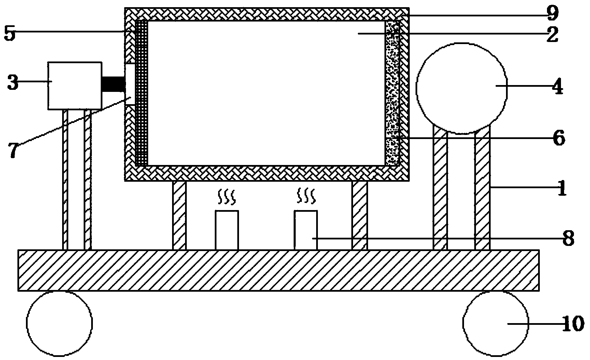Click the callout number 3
click(x=13, y=83)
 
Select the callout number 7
click(x=13, y=151)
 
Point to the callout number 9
click(x=552, y=14)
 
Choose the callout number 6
click(x=559, y=138)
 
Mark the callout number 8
click(x=568, y=239)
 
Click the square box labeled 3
click(x=75, y=86)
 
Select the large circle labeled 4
click(x=461, y=88)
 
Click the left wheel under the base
click(x=59, y=323)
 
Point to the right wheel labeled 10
click(x=495, y=323)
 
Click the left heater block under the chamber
click(x=226, y=230)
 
